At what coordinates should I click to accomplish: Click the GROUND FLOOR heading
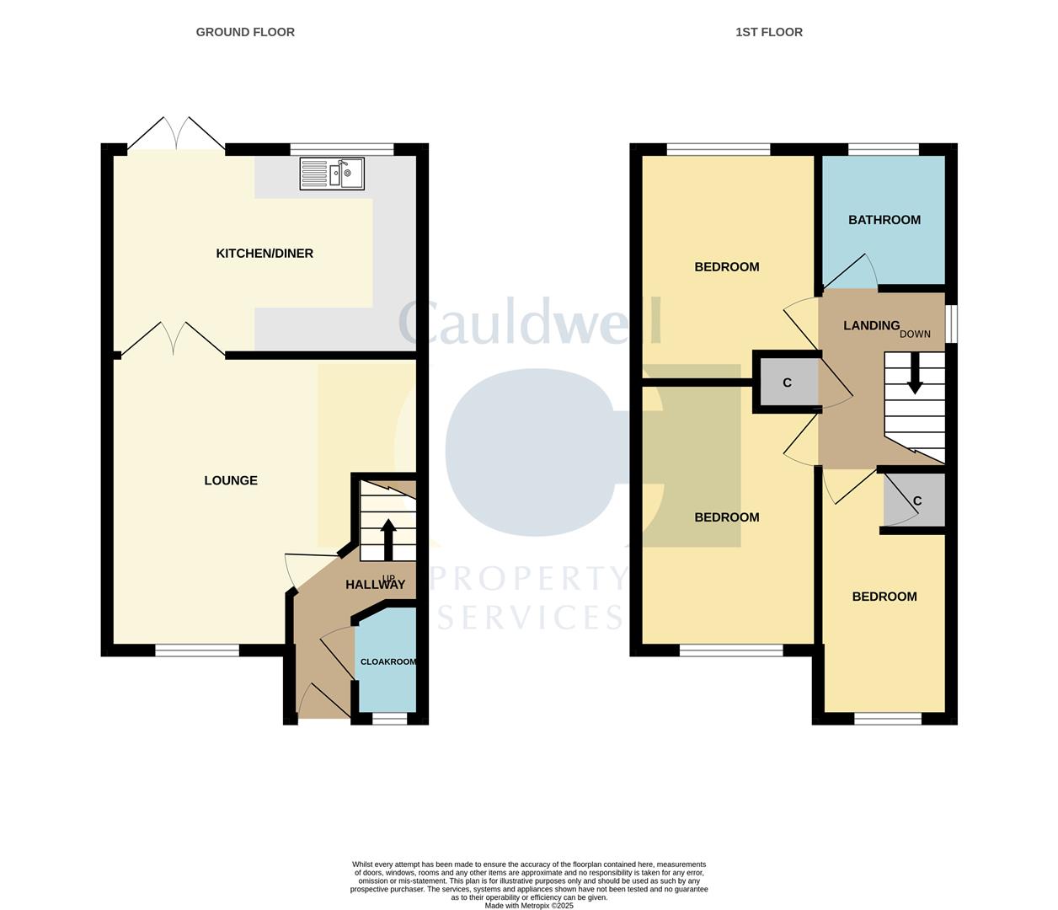(x=245, y=32)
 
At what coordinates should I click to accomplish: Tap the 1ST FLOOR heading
(x=769, y=32)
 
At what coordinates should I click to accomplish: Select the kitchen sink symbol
(x=332, y=174)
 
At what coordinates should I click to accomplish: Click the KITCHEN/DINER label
(x=264, y=253)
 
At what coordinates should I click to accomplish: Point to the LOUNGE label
(x=231, y=480)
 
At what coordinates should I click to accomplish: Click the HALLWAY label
(x=375, y=585)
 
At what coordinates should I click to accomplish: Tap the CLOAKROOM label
(x=388, y=661)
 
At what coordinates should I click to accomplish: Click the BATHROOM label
(x=884, y=220)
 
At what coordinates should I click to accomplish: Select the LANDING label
(x=871, y=325)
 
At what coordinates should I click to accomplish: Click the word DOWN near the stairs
(x=915, y=334)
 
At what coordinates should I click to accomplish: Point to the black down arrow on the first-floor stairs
(x=915, y=373)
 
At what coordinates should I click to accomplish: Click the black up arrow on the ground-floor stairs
(x=388, y=540)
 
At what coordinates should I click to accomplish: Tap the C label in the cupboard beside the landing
(x=788, y=383)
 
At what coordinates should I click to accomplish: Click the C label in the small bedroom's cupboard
(x=917, y=500)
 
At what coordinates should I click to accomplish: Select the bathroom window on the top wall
(x=884, y=149)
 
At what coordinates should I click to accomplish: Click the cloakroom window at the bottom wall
(x=389, y=719)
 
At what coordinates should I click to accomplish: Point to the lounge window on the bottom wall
(x=197, y=650)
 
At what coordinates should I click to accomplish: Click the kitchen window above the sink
(x=342, y=149)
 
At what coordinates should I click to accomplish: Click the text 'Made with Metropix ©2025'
(x=529, y=906)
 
